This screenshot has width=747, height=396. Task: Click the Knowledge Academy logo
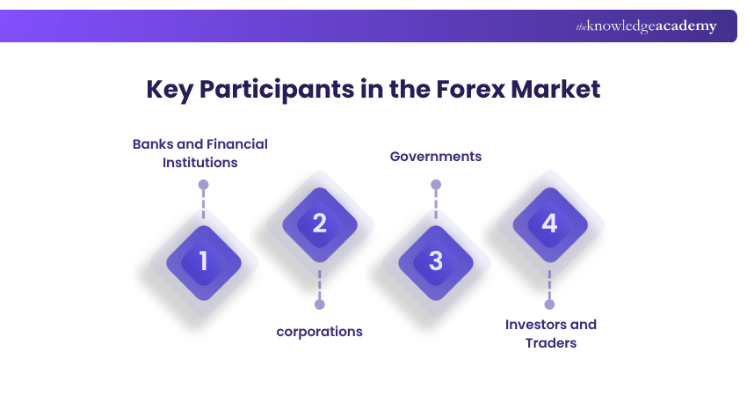(646, 26)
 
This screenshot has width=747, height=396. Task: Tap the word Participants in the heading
(279, 90)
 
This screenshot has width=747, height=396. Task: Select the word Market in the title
(555, 90)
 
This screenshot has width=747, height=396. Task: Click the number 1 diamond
(203, 261)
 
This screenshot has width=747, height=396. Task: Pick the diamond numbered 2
(319, 224)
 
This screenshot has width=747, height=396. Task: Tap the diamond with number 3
(435, 261)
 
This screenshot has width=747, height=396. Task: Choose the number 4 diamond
(549, 224)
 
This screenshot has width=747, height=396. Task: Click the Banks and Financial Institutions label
(200, 152)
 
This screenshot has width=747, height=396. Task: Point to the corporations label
(319, 332)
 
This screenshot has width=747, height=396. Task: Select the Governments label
(436, 157)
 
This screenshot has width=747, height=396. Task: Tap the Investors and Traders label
(550, 333)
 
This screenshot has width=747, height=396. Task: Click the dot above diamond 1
(203, 186)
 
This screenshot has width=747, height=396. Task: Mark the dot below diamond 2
(319, 304)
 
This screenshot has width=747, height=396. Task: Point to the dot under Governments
(436, 185)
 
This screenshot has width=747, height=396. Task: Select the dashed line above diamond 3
(436, 205)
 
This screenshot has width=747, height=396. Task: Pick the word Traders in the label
(550, 342)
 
